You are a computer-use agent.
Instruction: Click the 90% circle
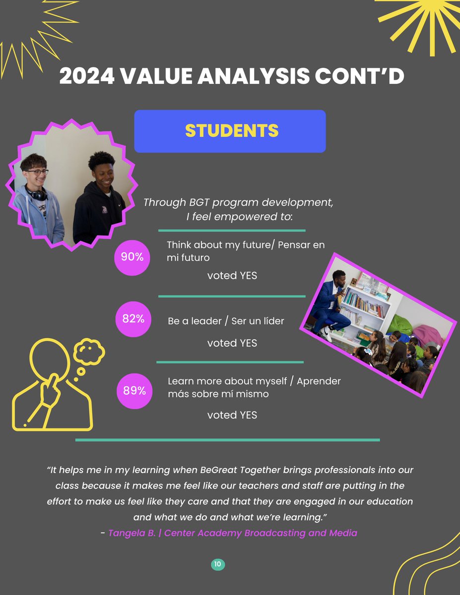pyautogui.click(x=132, y=257)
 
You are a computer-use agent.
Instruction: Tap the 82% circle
pyautogui.click(x=133, y=319)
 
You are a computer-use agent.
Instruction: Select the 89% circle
pyautogui.click(x=134, y=391)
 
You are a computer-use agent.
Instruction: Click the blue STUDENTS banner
pyautogui.click(x=230, y=131)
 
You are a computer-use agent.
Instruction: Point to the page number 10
pyautogui.click(x=218, y=564)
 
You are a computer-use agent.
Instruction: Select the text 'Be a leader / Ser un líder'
pyautogui.click(x=226, y=321)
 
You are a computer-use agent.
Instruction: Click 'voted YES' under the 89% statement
pyautogui.click(x=232, y=415)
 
